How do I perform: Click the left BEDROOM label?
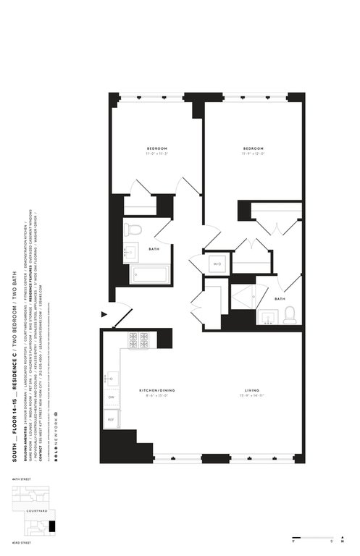point(156,149)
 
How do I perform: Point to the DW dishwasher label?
point(112,397)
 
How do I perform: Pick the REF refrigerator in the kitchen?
point(112,418)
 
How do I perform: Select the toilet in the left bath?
point(132,229)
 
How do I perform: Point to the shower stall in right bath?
point(243,295)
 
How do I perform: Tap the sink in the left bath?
point(130,253)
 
